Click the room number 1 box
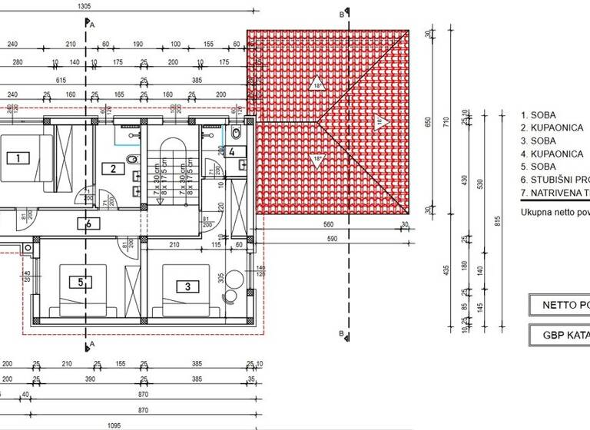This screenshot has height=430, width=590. point(18,158)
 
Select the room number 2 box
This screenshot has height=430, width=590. point(113,170)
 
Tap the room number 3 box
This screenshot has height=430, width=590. point(187,287)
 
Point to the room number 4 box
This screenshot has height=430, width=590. point(231,151)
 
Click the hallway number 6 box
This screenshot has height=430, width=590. point(89,224)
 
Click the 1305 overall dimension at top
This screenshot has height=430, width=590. point(85,5)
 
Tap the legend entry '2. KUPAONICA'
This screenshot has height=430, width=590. point(552,128)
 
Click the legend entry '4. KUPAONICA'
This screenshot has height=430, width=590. point(552,154)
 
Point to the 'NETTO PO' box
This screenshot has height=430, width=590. point(559,305)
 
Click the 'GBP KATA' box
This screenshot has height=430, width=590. point(559,335)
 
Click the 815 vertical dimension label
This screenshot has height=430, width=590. point(498,222)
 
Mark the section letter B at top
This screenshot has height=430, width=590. point(341,14)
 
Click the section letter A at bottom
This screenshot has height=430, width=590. point(92,344)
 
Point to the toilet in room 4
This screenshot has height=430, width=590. point(236,135)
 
